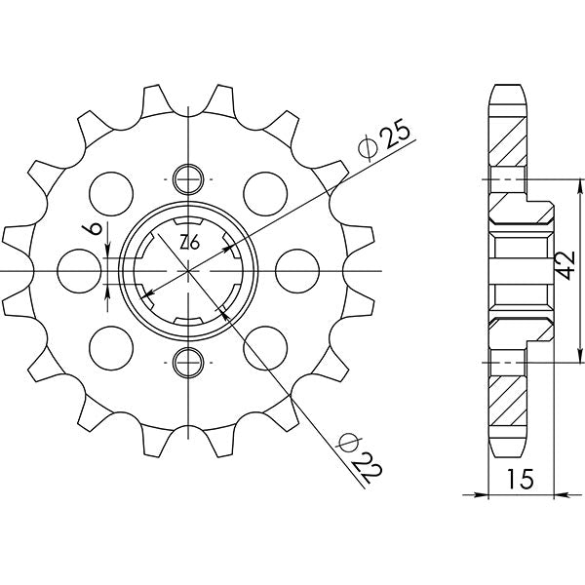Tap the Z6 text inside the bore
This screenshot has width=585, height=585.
(189, 244)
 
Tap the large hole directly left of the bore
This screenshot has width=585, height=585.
(77, 270)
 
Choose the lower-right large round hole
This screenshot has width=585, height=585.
(265, 349)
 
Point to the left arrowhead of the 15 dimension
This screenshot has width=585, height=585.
(490, 495)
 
